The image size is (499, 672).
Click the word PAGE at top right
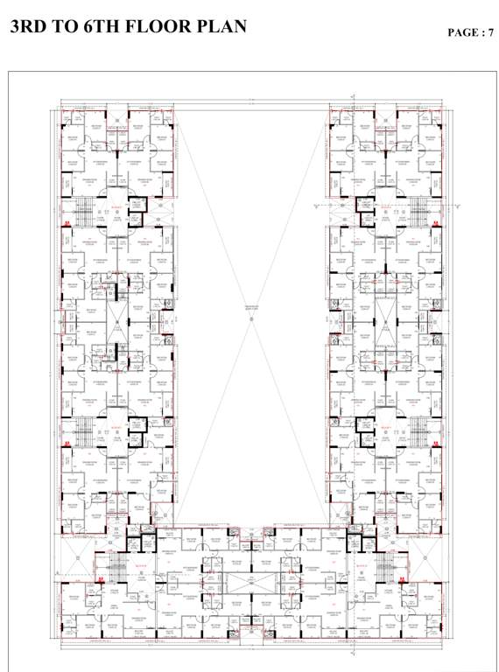pos(462,32)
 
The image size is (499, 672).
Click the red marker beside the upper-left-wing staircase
pos(67,225)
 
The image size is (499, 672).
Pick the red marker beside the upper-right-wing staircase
pos(435,225)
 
